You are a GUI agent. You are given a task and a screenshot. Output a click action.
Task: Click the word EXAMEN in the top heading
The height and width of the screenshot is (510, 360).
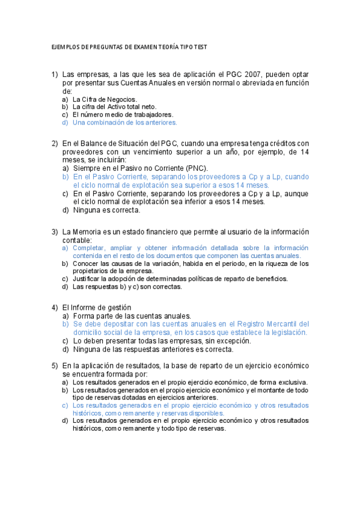pos(133,48)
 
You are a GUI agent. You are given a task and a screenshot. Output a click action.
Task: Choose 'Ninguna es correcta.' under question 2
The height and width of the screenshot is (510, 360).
pos(106,210)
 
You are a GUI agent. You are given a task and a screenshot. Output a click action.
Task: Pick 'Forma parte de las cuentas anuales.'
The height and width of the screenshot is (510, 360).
pos(132,316)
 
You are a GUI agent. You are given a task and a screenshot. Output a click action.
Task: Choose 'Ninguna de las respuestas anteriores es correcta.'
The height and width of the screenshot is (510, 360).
pos(153,349)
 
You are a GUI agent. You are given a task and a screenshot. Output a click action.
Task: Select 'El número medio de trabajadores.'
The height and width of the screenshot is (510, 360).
pos(123,114)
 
